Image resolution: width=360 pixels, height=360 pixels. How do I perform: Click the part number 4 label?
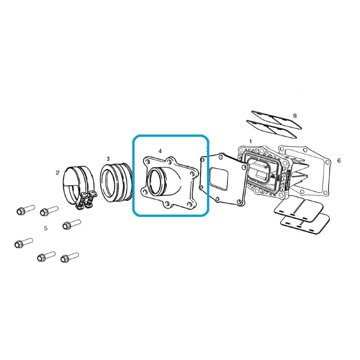point(160,151)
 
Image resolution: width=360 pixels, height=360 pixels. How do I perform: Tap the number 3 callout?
point(108,159)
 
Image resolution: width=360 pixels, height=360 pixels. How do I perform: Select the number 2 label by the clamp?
point(58,173)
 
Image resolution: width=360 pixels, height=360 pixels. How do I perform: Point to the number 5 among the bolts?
point(46,228)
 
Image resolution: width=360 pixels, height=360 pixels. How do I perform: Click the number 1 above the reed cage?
point(251,141)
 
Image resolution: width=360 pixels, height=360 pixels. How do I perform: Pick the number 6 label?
point(339,161)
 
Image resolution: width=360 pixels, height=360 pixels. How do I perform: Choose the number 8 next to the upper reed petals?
point(295,116)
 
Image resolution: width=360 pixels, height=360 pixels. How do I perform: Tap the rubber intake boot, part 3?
point(117,183)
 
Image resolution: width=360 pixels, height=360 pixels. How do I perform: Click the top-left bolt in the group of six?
point(26,210)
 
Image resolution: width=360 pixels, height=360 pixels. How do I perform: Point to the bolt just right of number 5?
point(72,224)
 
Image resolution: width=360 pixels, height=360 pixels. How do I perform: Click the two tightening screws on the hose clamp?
point(86,199)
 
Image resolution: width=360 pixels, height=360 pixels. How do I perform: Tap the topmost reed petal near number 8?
point(277,118)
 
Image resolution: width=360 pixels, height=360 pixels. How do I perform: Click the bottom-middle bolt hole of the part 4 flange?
point(167,203)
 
